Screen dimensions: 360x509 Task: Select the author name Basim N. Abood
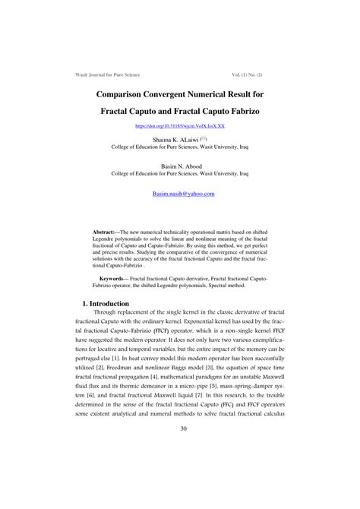point(179,165)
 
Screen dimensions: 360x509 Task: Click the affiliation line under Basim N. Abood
point(179,173)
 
